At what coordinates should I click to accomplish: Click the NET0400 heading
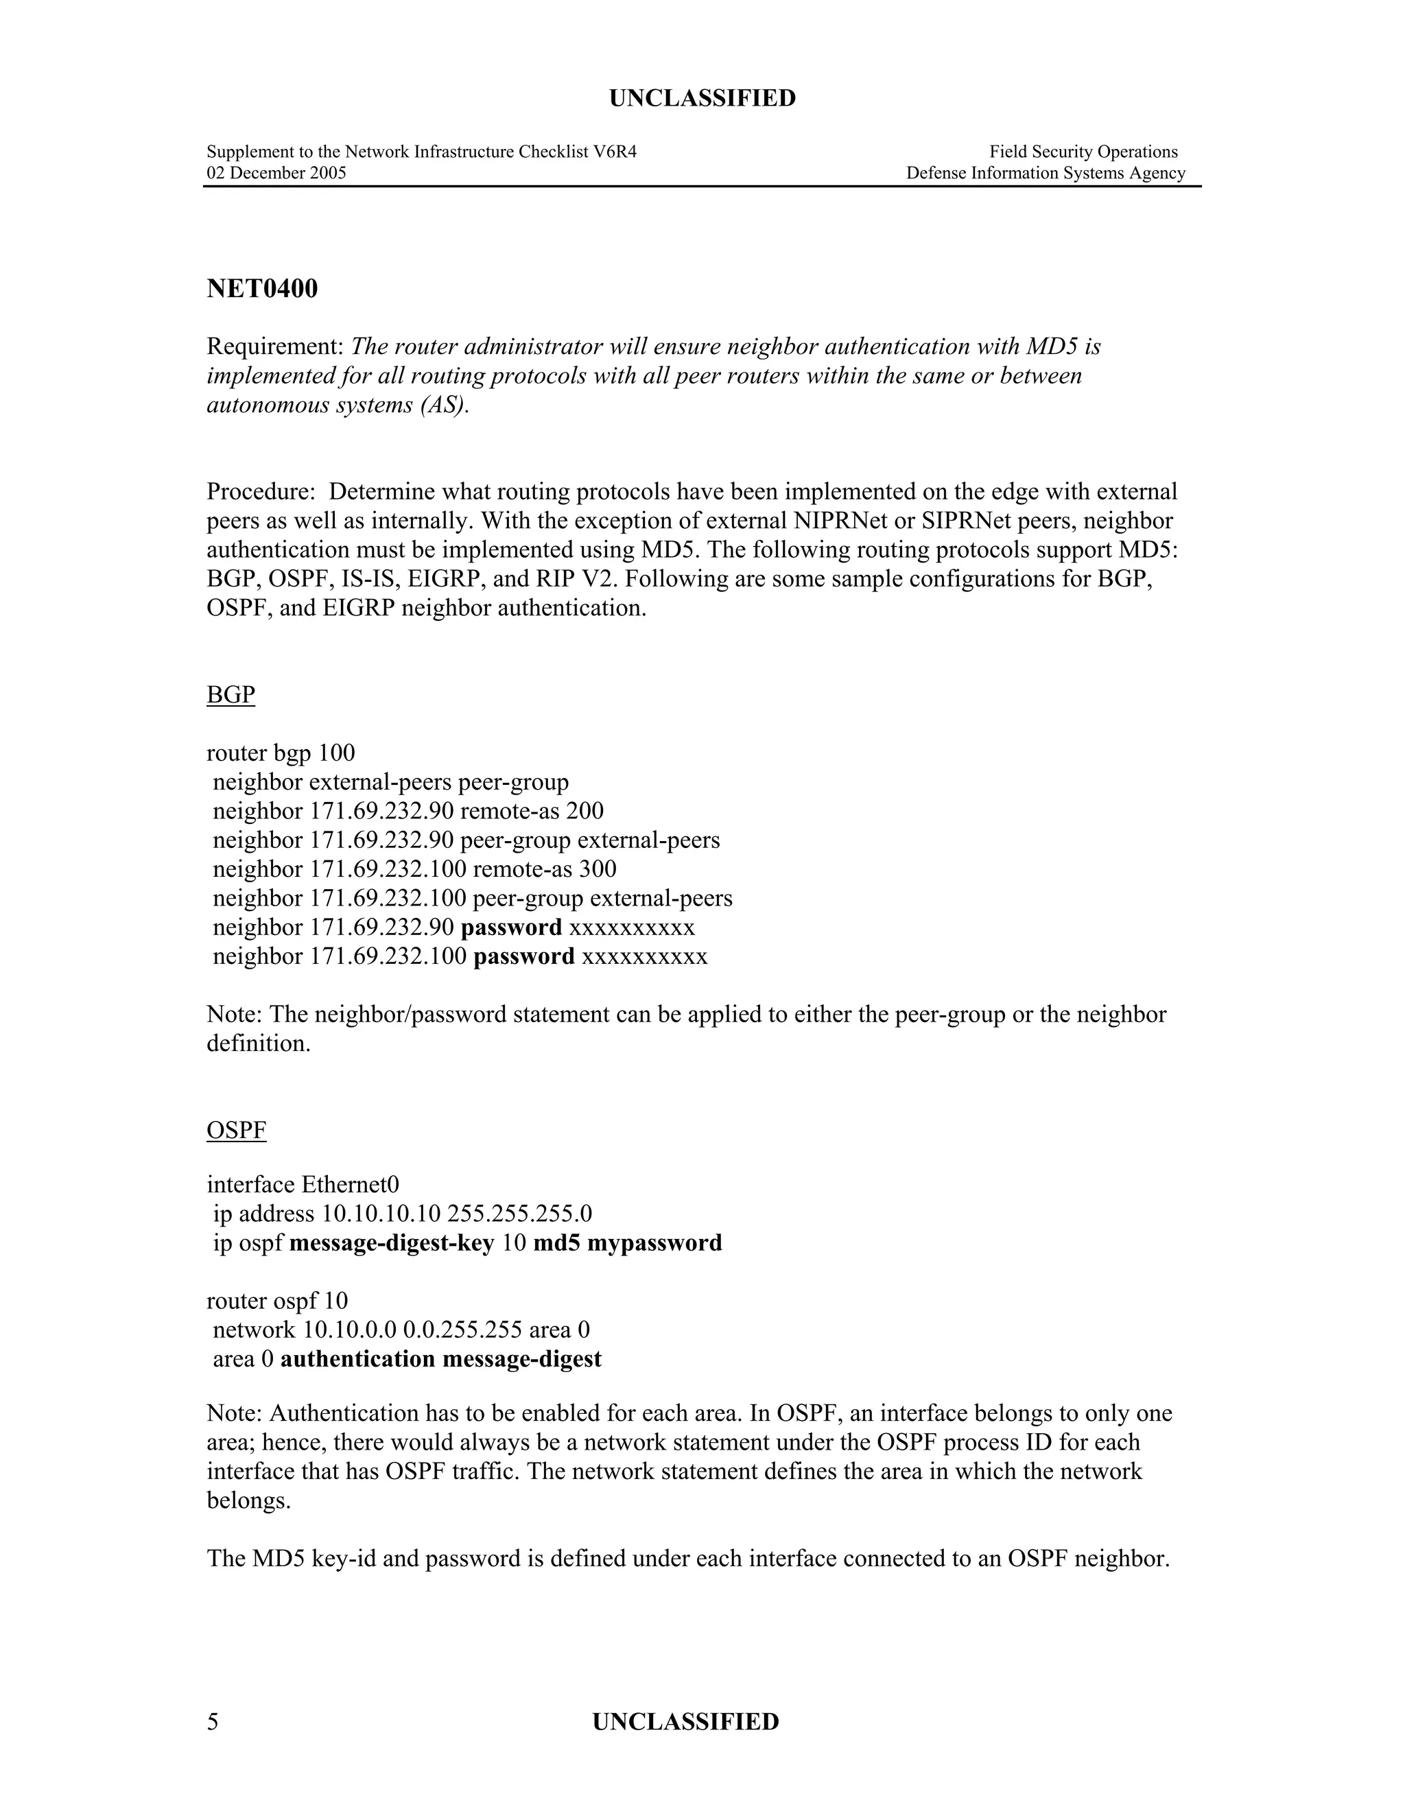(x=262, y=289)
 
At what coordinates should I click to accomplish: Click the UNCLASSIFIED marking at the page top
(x=702, y=98)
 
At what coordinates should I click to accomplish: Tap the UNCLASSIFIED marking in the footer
(x=685, y=1721)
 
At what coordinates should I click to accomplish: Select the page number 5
(x=213, y=1721)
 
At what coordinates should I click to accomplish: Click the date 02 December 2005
(x=276, y=173)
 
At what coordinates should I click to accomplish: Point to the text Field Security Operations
(x=1083, y=152)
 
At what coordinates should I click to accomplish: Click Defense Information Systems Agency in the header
(x=1046, y=173)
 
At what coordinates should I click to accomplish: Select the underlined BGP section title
(x=231, y=694)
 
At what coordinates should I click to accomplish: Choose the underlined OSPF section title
(x=237, y=1130)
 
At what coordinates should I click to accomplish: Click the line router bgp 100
(x=281, y=753)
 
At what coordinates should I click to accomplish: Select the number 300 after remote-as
(x=598, y=869)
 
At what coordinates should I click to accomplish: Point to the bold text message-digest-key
(x=391, y=1243)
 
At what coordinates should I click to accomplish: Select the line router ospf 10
(x=277, y=1300)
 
